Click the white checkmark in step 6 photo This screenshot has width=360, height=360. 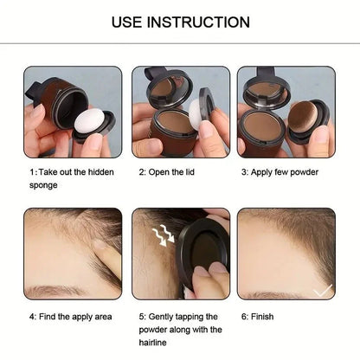(322, 292)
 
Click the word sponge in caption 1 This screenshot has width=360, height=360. (43, 185)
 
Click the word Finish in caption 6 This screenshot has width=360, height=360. (263, 317)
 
